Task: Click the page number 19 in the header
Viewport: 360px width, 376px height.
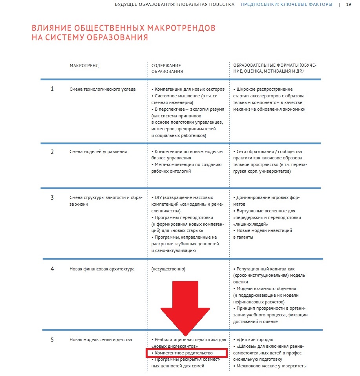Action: (349, 5)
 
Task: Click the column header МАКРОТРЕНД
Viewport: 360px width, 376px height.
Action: (84, 66)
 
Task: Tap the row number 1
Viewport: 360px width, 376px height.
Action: (52, 89)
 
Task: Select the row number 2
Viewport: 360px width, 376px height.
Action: (52, 151)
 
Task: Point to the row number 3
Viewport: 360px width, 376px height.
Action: (52, 197)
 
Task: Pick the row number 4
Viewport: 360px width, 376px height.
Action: (52, 269)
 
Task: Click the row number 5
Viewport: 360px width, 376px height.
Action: (52, 339)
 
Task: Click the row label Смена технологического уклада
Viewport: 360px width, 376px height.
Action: (102, 89)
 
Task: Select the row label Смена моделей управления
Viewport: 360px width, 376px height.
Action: (98, 151)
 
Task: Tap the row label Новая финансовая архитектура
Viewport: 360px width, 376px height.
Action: (102, 269)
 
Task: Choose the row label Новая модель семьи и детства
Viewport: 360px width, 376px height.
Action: (101, 339)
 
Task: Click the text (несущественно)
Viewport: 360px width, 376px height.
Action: (168, 269)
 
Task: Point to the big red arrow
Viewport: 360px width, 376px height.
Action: (186, 306)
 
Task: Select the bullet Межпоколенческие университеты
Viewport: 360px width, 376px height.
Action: (271, 366)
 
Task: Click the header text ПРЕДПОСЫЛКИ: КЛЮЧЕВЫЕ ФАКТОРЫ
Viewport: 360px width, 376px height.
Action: (286, 5)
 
